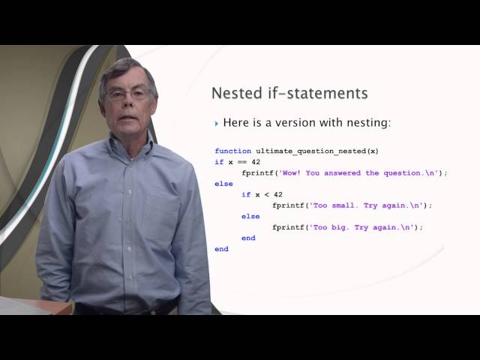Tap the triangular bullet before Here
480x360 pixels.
point(217,123)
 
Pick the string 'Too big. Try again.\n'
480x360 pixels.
point(365,226)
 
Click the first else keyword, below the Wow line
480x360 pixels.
point(223,183)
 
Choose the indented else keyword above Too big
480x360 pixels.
point(250,216)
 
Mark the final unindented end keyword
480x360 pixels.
point(221,248)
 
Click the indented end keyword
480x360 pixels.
point(248,238)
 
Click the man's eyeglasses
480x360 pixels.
point(128,94)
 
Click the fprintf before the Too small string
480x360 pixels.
point(288,205)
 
